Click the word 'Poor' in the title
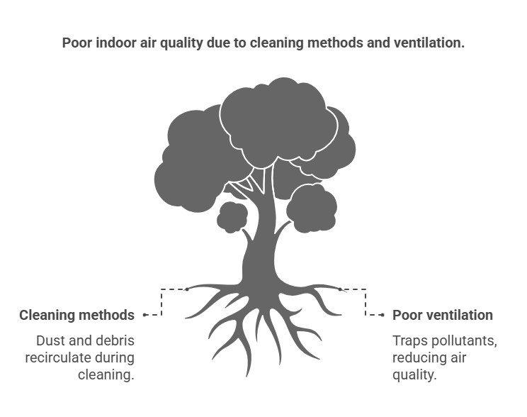pyautogui.click(x=76, y=43)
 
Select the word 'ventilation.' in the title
pyautogui.click(x=429, y=43)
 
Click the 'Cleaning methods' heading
pyautogui.click(x=76, y=315)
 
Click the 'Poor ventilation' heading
pyautogui.click(x=443, y=315)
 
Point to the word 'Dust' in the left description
pyautogui.click(x=50, y=340)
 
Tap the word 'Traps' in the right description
pyautogui.click(x=409, y=340)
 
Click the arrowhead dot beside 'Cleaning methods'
pyautogui.click(x=144, y=314)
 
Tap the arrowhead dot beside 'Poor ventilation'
pyautogui.click(x=382, y=314)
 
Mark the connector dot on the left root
pyautogui.click(x=186, y=289)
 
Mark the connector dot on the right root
pyautogui.click(x=339, y=289)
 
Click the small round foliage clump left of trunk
pyautogui.click(x=232, y=217)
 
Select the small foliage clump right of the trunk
pyautogui.click(x=311, y=208)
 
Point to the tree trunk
pyautogui.click(x=259, y=248)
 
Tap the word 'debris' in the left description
pyautogui.click(x=114, y=340)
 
